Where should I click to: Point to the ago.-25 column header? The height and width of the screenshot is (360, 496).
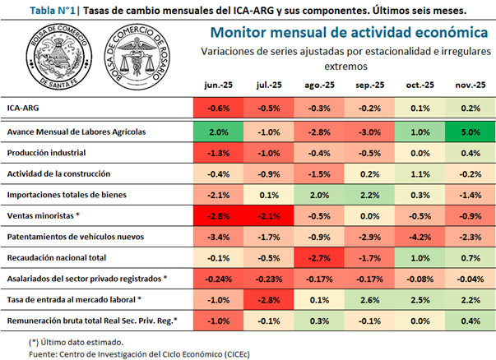318,85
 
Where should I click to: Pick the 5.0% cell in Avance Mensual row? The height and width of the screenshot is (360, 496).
470,132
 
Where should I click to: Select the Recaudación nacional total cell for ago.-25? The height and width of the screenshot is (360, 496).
318,259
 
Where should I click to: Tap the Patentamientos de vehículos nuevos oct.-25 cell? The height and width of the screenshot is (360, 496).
420,238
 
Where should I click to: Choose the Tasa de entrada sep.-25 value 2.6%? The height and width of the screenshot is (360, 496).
369,301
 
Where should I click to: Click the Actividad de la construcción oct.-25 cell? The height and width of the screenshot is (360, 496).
420,174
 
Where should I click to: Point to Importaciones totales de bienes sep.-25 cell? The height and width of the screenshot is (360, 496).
369,195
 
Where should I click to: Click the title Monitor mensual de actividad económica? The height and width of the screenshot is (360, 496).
349,32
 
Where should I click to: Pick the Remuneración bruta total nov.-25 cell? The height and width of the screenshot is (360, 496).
470,321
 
